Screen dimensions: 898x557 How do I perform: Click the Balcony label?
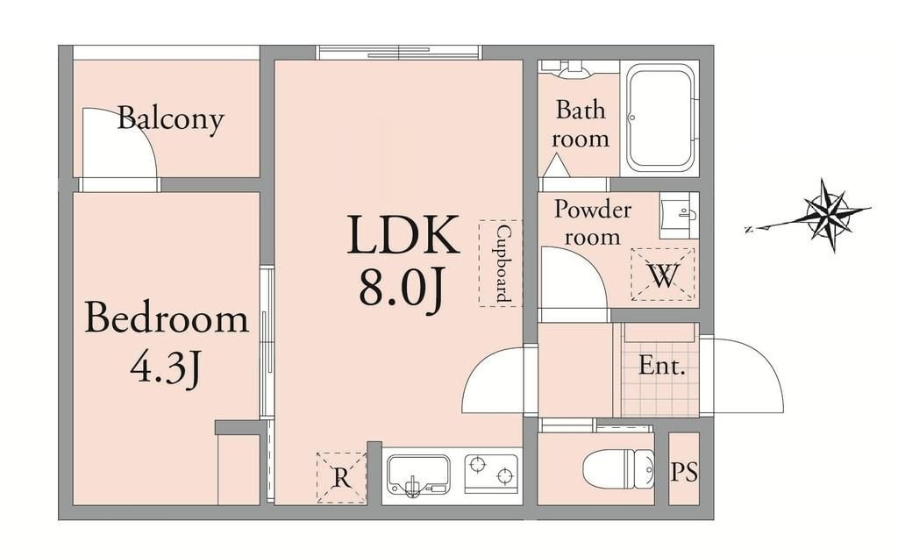170,119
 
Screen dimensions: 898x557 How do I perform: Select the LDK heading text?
403,234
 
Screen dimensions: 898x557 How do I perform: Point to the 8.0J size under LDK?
402,289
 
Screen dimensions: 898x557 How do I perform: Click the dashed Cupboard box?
501,263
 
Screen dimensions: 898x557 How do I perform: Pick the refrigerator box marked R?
341,477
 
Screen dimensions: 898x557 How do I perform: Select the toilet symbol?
618,468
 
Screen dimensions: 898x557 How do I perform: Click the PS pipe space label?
684,472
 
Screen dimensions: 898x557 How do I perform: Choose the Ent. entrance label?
662,365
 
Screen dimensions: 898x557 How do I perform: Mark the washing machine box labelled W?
663,275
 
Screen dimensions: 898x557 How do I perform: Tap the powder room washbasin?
680,216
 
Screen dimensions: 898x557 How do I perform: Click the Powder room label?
592,223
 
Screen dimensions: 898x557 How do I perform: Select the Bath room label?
581,125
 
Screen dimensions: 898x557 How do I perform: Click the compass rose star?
829,214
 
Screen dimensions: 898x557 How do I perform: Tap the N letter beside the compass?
749,230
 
